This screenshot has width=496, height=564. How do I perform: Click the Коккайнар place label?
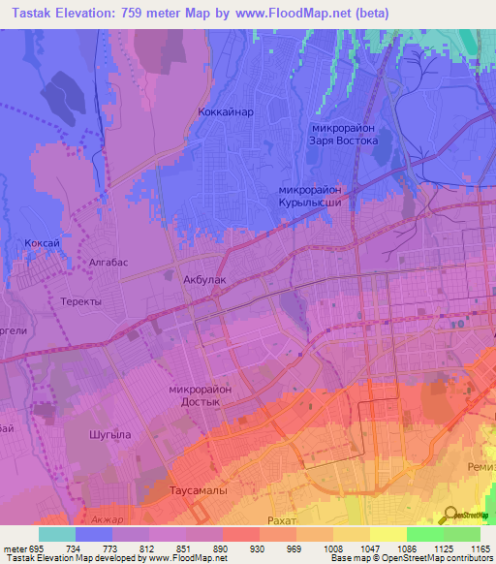[x=226, y=111]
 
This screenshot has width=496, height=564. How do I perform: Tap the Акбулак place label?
[x=204, y=279]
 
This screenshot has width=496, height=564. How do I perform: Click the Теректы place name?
[x=81, y=301]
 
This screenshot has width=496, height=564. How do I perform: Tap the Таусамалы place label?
[x=199, y=491]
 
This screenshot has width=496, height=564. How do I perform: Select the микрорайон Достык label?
[x=200, y=395]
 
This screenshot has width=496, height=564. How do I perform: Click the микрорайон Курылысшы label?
[x=323, y=197]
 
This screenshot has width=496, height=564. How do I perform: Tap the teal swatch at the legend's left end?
[x=57, y=534]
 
